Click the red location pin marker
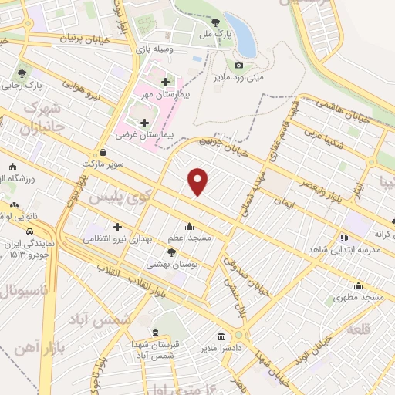(198, 181)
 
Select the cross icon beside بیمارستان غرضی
(143, 123)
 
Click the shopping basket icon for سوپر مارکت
(103, 153)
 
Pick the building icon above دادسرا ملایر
(221, 336)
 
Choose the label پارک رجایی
(43, 86)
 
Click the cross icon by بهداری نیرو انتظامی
(117, 227)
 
